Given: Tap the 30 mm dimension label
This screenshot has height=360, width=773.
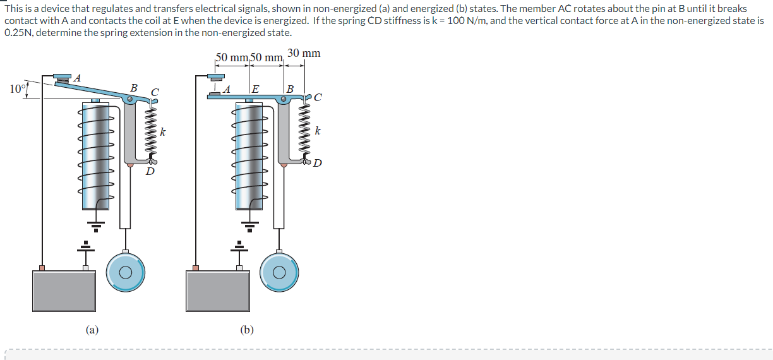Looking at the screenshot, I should (303, 53).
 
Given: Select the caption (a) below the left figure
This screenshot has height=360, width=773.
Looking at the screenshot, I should (92, 329).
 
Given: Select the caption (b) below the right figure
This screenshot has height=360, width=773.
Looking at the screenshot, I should (246, 329).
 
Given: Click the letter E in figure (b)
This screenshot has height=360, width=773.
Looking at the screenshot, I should (255, 89).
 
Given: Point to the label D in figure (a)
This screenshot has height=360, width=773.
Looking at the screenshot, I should (150, 171).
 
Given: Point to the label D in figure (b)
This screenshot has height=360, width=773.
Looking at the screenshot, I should (317, 164).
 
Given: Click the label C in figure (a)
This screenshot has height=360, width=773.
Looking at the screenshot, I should (155, 93).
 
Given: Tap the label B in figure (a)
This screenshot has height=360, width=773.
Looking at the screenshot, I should (133, 87).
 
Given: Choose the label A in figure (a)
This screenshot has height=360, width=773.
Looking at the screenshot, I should (77, 78).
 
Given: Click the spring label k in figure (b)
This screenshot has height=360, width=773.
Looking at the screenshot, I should (317, 131).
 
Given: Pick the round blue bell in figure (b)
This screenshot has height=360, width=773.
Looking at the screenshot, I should (279, 273).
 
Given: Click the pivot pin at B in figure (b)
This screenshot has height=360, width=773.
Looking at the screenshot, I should (284, 99).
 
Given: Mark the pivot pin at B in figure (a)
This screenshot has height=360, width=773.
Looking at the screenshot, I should (130, 99).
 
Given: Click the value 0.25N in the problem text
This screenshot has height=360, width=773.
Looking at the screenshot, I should (18, 33).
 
